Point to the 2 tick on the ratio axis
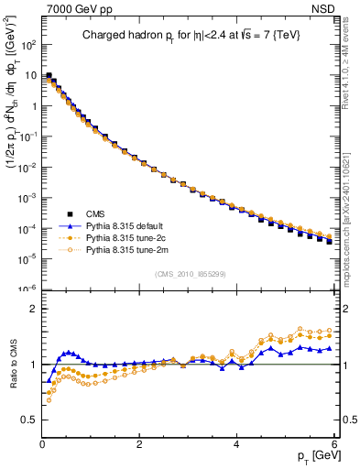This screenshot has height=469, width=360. pyautogui.click(x=34, y=309)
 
